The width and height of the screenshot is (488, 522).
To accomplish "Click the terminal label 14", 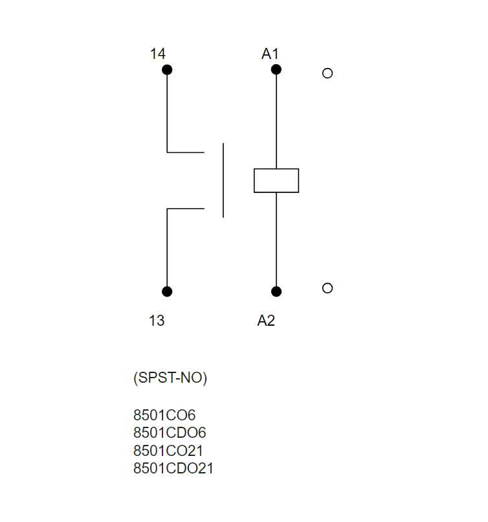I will point(157,54).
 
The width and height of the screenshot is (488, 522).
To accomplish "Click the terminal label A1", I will point(270,54).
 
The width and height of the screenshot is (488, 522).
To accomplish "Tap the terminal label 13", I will point(157,321).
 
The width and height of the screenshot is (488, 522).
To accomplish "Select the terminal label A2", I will point(266,321).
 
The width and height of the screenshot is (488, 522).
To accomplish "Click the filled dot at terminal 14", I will point(167,69).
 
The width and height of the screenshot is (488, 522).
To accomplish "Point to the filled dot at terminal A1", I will point(276,69).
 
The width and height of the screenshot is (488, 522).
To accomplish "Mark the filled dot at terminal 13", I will point(167,291).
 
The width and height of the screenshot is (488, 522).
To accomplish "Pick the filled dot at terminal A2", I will point(276,291).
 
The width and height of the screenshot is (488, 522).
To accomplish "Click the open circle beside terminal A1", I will point(327,73).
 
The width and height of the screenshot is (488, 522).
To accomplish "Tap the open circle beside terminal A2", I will point(327,288).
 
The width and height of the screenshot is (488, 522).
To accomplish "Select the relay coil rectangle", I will point(276,181).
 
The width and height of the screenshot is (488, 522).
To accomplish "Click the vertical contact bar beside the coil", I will point(223,181).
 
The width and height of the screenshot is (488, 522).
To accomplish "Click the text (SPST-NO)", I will point(170,379).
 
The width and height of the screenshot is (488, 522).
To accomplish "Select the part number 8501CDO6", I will point(170,433).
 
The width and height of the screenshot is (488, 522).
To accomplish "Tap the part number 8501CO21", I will point(168,451).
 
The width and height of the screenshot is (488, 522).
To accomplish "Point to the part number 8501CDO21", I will point(173,468).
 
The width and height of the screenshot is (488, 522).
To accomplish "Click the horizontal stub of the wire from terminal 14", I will point(186,152).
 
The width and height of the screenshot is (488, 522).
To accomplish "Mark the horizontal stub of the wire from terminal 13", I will point(186,209).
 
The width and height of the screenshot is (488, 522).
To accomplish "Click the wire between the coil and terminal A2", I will point(276,240).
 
